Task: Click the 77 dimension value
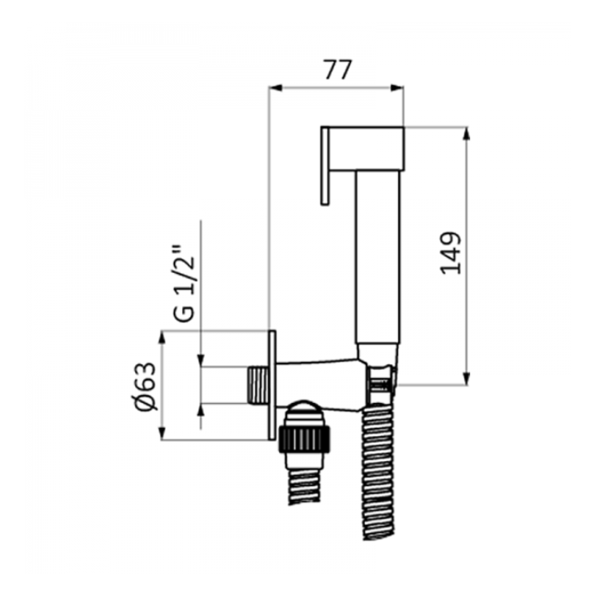(x=338, y=70)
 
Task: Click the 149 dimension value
(x=451, y=252)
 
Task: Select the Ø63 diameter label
(x=146, y=387)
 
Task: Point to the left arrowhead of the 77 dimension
(x=275, y=88)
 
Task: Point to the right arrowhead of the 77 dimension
(x=397, y=88)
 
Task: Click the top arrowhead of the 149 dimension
(x=467, y=134)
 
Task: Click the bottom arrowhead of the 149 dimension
(x=467, y=378)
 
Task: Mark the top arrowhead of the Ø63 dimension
(x=162, y=338)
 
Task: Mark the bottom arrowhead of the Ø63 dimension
(x=162, y=433)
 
